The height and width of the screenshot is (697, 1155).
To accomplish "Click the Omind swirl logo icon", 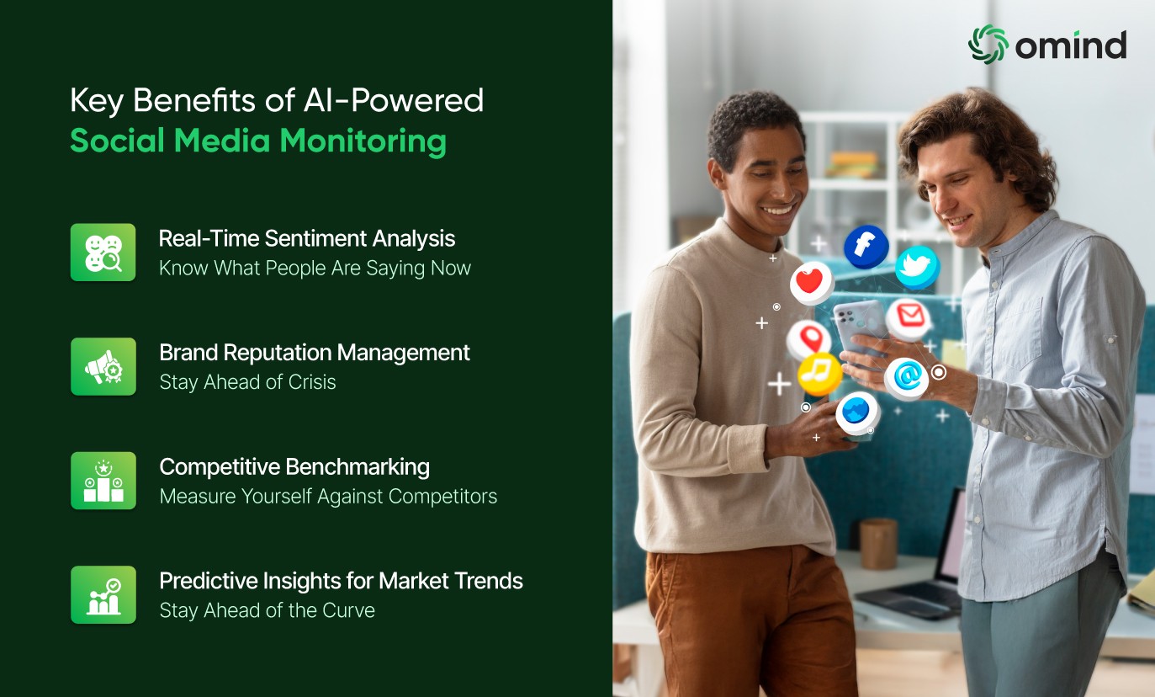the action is pyautogui.click(x=988, y=45).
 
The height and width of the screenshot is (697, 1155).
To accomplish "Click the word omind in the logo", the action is pyautogui.click(x=1070, y=45).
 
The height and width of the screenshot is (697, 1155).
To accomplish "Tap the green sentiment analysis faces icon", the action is pyautogui.click(x=103, y=253).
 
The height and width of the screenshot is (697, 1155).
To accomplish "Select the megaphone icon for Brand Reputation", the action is pyautogui.click(x=103, y=367).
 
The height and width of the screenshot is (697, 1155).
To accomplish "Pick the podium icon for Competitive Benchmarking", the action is pyautogui.click(x=103, y=481).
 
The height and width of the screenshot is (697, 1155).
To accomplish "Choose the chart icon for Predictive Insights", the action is pyautogui.click(x=103, y=595).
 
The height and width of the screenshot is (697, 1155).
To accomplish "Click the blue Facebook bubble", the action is pyautogui.click(x=866, y=247).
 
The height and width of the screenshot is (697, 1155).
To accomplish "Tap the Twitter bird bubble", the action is pyautogui.click(x=917, y=267).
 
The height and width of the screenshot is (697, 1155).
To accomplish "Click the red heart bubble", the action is pyautogui.click(x=811, y=283).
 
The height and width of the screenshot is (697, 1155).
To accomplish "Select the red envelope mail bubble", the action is pyautogui.click(x=909, y=319).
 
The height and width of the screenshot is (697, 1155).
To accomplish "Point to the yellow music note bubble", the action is pyautogui.click(x=819, y=374).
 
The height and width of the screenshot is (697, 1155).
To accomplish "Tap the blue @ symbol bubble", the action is pyautogui.click(x=907, y=379).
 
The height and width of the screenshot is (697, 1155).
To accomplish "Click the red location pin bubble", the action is pyautogui.click(x=808, y=339).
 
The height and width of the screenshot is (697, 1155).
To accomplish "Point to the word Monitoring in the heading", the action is pyautogui.click(x=363, y=141).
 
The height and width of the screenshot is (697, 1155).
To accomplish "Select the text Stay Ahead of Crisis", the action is pyautogui.click(x=247, y=382).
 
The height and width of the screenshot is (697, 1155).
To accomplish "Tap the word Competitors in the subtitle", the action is pyautogui.click(x=442, y=497).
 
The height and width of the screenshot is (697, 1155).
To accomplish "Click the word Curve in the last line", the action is pyautogui.click(x=348, y=610).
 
